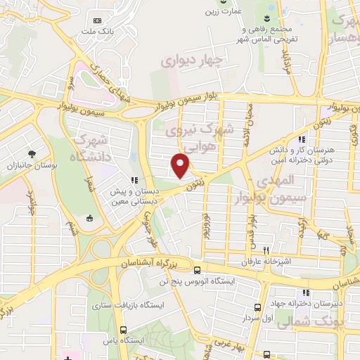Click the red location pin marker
181,165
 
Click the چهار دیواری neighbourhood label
191,61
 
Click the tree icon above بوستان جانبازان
31,154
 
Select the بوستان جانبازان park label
31,166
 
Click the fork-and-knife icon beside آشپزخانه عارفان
266,250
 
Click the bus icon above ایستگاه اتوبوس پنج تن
198,270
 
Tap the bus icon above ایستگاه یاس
124,329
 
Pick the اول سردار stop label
257,318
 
